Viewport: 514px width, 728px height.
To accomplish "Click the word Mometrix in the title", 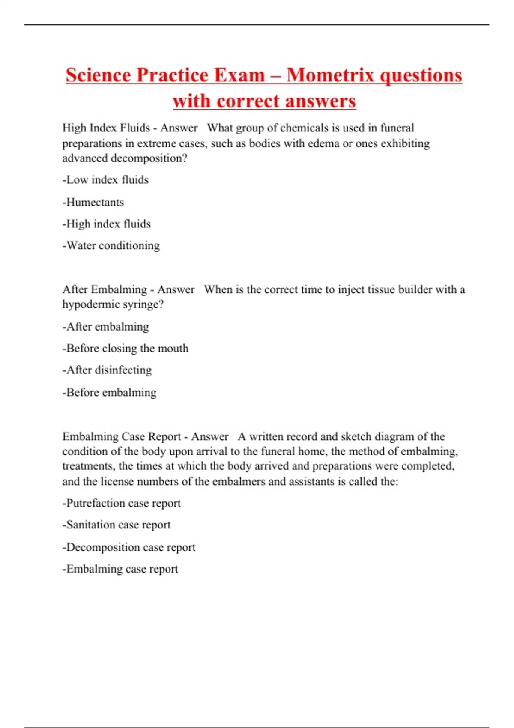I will tap(330, 75).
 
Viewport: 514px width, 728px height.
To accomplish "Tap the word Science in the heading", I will tap(98, 75).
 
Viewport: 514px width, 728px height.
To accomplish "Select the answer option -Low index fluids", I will tap(105, 180).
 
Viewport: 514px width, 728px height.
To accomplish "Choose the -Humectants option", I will tap(93, 202).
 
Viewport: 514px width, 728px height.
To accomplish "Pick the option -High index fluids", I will tap(107, 224).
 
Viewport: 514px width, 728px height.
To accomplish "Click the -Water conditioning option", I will tap(111, 246).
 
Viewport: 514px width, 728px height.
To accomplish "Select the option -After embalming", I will tap(106, 327).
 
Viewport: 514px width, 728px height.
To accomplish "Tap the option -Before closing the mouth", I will tap(126, 349).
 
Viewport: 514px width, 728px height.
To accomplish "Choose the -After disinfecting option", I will tap(107, 370).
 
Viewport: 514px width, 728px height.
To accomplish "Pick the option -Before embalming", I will tap(110, 392).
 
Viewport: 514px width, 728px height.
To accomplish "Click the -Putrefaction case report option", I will tap(122, 503).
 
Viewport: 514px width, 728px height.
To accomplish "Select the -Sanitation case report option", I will tap(117, 525).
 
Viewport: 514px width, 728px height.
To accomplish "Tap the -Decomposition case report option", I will tap(129, 547).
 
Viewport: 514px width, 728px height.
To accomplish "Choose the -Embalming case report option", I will tap(120, 569).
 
